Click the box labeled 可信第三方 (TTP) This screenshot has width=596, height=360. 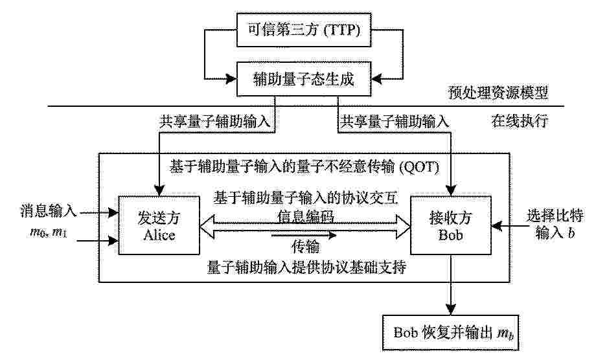[304, 30]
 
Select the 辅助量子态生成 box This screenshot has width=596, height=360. [304, 79]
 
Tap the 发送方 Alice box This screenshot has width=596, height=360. [159, 225]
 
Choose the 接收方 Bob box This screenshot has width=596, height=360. [451, 225]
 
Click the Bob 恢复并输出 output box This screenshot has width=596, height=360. [451, 332]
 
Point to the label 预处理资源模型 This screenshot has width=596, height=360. [498, 93]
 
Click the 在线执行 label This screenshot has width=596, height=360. [520, 121]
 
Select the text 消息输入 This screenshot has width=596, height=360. [49, 211]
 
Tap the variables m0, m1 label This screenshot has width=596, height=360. [49, 232]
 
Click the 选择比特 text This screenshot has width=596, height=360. [555, 216]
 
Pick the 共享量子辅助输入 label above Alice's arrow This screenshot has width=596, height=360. [215, 122]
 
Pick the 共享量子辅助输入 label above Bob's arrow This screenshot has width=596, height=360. [394, 122]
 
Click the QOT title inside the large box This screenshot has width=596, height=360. [304, 166]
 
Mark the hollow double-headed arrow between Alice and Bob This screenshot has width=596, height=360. [305, 227]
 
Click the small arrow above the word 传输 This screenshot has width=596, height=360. [304, 236]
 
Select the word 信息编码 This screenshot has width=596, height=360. [306, 216]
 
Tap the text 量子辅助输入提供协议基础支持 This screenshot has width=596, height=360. [306, 267]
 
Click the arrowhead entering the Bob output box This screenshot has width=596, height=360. [451, 309]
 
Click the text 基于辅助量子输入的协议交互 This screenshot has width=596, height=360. [306, 198]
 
